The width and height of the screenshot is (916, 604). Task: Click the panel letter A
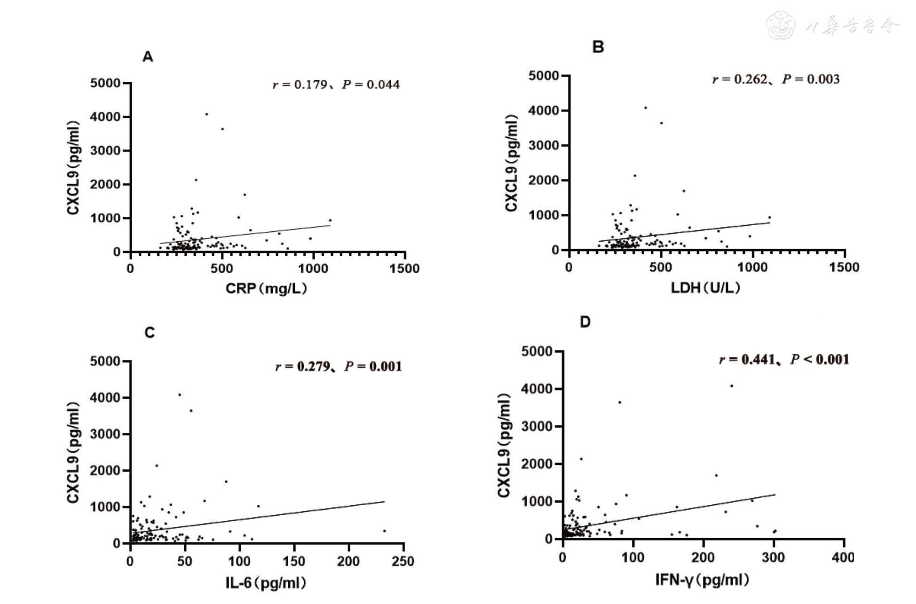pyautogui.click(x=148, y=57)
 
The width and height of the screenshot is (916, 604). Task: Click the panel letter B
pyautogui.click(x=598, y=47)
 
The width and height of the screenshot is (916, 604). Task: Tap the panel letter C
pyautogui.click(x=150, y=333)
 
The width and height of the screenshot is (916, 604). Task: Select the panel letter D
pyautogui.click(x=585, y=322)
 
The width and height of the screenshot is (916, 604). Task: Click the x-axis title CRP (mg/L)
pyautogui.click(x=266, y=288)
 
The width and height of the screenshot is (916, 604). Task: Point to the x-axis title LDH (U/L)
pyautogui.click(x=705, y=287)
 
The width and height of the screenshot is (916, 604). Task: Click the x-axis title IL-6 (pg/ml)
pyautogui.click(x=266, y=583)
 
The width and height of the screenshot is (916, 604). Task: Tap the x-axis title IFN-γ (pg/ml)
pyautogui.click(x=702, y=580)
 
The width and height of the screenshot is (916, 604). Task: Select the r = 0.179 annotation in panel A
pyautogui.click(x=300, y=85)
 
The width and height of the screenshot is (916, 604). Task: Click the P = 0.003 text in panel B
pyautogui.click(x=811, y=79)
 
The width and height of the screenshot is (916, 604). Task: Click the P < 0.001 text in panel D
pyautogui.click(x=820, y=360)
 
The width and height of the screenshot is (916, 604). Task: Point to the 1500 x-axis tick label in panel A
pyautogui.click(x=404, y=268)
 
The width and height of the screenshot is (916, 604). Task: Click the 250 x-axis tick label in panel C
pyautogui.click(x=403, y=561)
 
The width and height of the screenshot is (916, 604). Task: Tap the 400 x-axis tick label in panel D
pyautogui.click(x=842, y=557)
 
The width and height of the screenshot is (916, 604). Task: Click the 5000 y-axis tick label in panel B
pyautogui.click(x=544, y=76)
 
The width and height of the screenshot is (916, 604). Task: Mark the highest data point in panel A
pyautogui.click(x=206, y=114)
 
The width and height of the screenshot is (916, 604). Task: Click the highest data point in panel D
pyautogui.click(x=732, y=386)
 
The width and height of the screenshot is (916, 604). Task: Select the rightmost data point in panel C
pyautogui.click(x=384, y=531)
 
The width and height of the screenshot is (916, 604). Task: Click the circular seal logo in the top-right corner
pyautogui.click(x=781, y=25)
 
